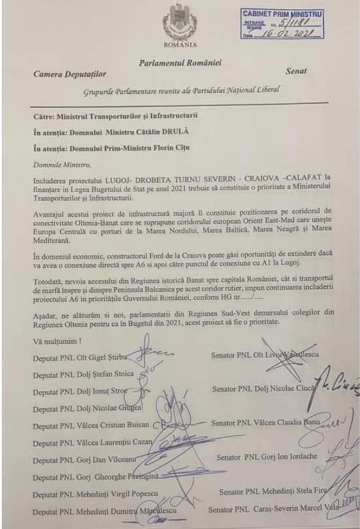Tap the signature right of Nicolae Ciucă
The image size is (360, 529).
(x=339, y=386)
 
